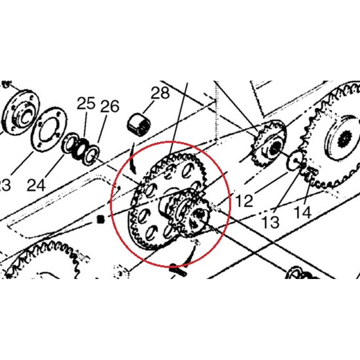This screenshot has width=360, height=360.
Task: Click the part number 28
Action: coord(160,94)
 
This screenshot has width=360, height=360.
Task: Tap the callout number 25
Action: coord(86,104)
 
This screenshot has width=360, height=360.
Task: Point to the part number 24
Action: coord(36,185)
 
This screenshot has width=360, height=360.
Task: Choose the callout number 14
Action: coord(302,212)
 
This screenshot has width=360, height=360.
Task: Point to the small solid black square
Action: coord(101,219)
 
